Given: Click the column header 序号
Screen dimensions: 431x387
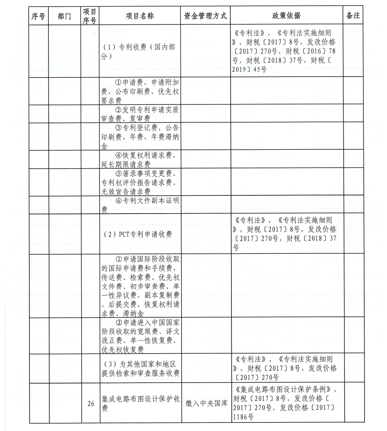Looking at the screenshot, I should click(x=38, y=16).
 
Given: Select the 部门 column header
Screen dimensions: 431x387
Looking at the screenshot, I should click(x=64, y=16).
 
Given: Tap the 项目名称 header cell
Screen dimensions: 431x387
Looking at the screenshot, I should click(x=140, y=16).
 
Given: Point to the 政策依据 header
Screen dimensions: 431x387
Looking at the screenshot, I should click(x=286, y=16).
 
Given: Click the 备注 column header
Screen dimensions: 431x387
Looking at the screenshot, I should click(x=353, y=16).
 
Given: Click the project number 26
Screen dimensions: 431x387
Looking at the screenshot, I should click(x=91, y=404).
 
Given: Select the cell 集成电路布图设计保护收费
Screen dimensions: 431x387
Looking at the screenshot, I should click(x=140, y=403).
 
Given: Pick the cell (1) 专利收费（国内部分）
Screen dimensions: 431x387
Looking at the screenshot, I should click(x=140, y=51).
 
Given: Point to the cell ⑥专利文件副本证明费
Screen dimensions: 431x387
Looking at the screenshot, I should click(x=140, y=205).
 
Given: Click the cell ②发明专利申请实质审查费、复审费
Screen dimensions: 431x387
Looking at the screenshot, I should click(x=140, y=114).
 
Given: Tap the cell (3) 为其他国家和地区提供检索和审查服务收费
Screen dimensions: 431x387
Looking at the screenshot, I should click(x=140, y=368).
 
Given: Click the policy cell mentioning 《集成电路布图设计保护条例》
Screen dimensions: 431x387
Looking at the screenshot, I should click(x=286, y=403).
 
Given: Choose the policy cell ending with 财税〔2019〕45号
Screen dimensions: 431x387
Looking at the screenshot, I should click(x=286, y=51).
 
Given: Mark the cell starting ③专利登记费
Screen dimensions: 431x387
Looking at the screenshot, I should click(x=140, y=137).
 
